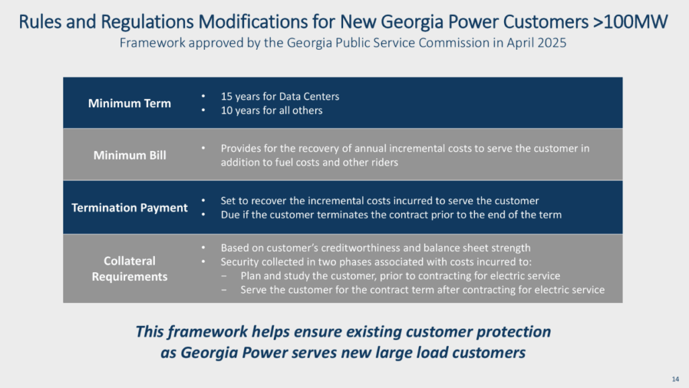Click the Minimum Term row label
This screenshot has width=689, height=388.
point(129,103)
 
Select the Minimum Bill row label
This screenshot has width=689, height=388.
point(130,156)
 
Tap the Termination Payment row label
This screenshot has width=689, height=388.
point(130,207)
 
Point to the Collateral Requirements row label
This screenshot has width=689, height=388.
point(130,269)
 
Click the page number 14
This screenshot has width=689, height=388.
point(676,379)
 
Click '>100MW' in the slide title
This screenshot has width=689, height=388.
point(630,22)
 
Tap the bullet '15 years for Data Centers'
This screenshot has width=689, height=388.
point(280,97)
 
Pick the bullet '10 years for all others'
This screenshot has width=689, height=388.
point(272,110)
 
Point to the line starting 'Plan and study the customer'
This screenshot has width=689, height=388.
point(400,276)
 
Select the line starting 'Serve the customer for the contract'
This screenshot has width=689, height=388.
point(423,290)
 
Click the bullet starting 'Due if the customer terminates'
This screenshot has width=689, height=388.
point(391,215)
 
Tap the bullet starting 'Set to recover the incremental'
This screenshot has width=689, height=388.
point(379,201)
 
